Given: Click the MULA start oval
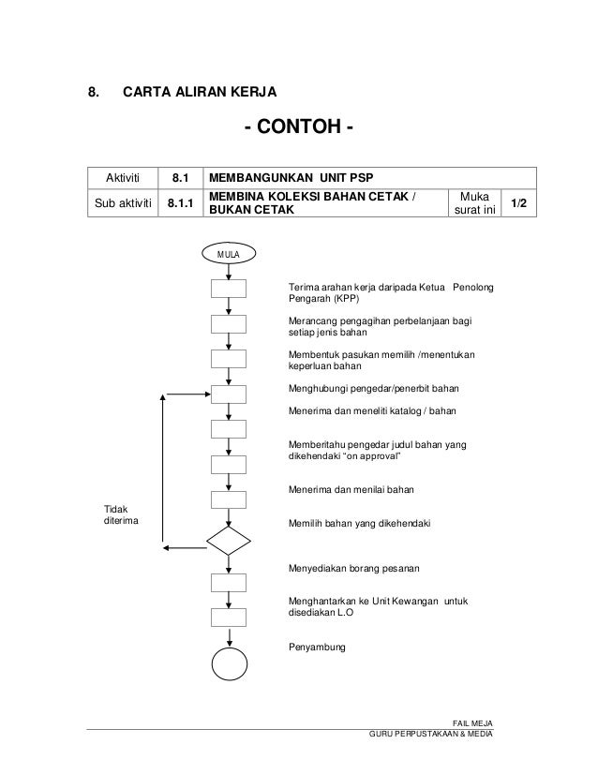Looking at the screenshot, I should (229, 253).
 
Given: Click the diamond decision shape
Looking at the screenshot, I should (229, 541).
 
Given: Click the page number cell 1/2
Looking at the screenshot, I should (517, 202).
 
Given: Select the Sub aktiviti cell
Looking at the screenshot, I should (122, 202).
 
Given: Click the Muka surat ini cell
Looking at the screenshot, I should (473, 202).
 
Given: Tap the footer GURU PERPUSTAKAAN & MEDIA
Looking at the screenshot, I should (432, 732).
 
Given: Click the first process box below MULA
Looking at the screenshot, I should (229, 289).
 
